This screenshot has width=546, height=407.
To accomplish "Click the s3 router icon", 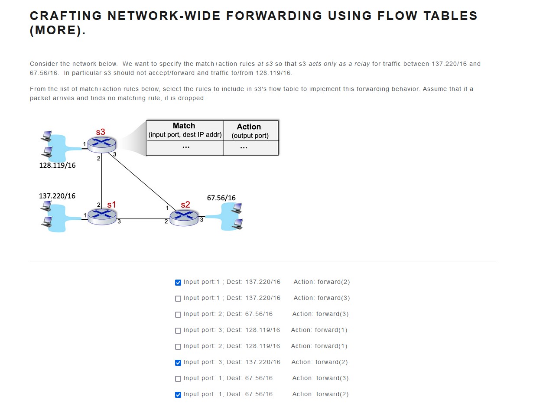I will (102, 143).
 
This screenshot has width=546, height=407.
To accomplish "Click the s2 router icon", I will (184, 217).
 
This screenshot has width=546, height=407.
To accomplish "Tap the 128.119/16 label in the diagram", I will (57, 165).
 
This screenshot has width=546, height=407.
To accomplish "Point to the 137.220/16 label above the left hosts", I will (57, 196).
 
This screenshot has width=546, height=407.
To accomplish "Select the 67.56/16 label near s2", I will (221, 198).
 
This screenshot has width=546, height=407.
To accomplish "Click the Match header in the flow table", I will (184, 126).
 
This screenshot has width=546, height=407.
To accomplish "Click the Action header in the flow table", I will (249, 127).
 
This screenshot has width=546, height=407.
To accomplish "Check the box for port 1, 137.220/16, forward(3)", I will (178, 299).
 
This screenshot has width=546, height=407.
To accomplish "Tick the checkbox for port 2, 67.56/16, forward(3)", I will (178, 315).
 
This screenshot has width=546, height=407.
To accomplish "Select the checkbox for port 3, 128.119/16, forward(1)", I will (178, 331).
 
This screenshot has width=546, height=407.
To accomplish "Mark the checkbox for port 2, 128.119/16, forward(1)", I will (178, 347).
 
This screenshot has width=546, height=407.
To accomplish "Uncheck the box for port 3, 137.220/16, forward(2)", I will (178, 363).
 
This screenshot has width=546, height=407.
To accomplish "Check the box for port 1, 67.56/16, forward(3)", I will (178, 379).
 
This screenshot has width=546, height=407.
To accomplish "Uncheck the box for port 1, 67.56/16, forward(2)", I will (178, 395).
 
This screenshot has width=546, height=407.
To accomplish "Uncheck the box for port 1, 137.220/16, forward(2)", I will (178, 283).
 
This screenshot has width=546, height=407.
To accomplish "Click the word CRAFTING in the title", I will (65, 16).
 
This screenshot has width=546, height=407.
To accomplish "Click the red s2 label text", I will (185, 205).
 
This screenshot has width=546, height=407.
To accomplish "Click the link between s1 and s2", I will (143, 218).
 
